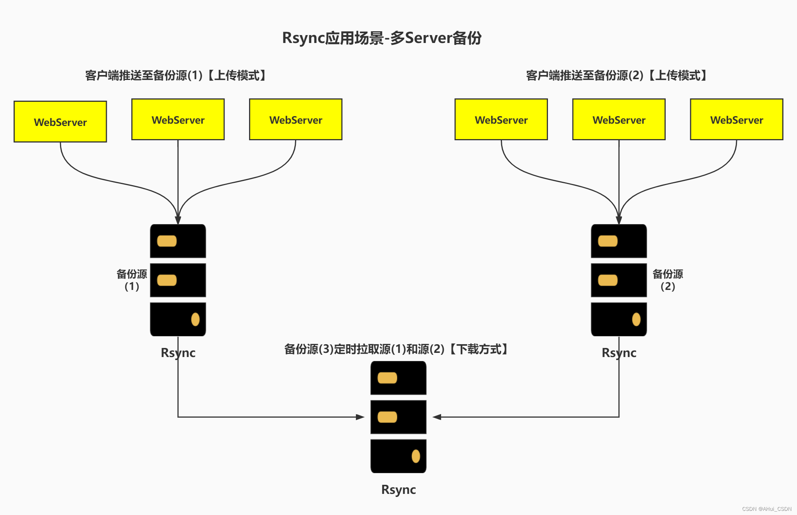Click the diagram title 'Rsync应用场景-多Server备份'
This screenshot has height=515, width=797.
382,38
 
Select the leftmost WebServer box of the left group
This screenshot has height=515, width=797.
60,122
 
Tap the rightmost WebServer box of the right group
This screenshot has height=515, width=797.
736,120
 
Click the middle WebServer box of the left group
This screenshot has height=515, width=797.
178,120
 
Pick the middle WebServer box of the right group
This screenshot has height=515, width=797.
619,120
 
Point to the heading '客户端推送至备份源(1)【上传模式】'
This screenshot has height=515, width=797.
176,75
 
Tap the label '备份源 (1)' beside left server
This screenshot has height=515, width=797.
132,280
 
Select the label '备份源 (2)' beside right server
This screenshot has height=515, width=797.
668,280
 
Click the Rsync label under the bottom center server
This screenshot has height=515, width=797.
398,489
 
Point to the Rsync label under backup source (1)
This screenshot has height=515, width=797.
178,353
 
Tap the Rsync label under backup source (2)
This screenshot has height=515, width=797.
619,353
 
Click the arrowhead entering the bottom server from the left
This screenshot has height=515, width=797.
360,417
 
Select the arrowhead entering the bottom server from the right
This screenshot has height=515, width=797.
437,417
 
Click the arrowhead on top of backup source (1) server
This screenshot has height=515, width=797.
178,220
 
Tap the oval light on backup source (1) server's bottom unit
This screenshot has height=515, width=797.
195,319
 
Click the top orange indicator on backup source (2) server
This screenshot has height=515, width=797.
608,241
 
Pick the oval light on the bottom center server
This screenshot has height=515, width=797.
415,456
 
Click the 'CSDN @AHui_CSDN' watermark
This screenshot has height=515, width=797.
766,509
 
